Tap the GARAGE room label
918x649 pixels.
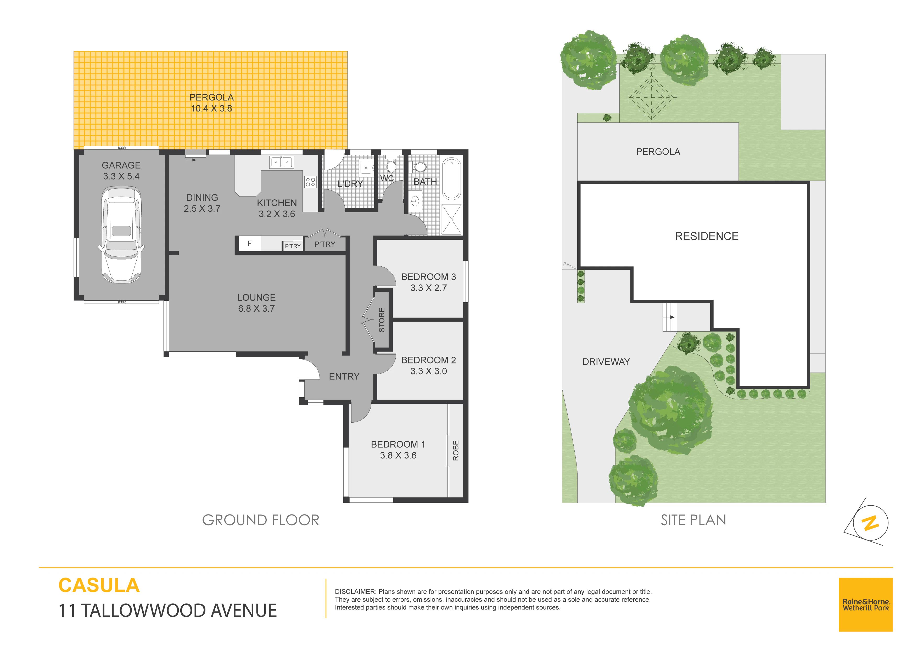[x=121, y=165]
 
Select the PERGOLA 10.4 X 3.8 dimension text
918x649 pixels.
[x=211, y=108]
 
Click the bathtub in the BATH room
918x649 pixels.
[x=452, y=178]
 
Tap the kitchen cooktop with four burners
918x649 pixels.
[x=310, y=182]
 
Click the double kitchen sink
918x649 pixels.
[x=282, y=162]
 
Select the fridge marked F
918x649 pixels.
[x=249, y=244]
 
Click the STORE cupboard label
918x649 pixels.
[x=382, y=320]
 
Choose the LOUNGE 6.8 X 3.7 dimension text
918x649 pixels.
[x=256, y=309]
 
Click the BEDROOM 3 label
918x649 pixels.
[x=429, y=277]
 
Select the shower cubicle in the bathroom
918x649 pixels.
[x=451, y=219]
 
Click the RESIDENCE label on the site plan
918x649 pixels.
[x=707, y=236]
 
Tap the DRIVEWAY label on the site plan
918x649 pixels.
[x=606, y=362]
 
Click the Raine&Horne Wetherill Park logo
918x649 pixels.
[x=866, y=605]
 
